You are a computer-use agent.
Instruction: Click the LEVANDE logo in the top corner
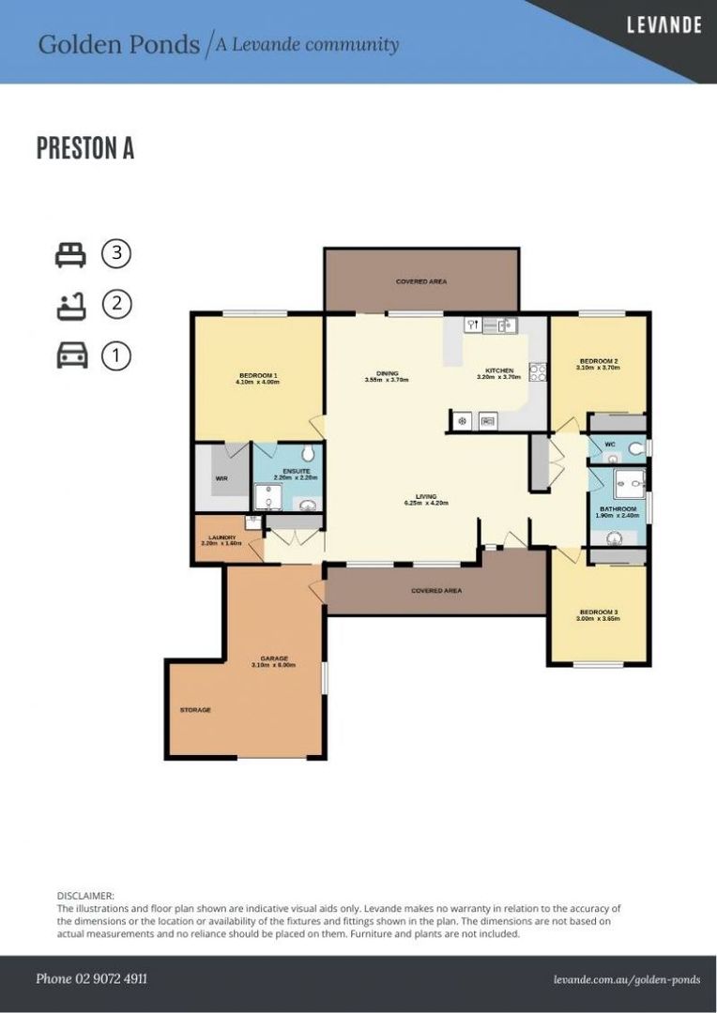pos(664,25)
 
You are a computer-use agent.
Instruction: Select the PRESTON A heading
pos(84,148)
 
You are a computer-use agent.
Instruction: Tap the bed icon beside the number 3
pos(70,253)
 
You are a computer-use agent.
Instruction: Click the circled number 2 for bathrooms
pos(116,304)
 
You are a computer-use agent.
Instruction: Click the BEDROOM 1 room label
pos(257,376)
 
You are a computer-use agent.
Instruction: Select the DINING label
pos(386,373)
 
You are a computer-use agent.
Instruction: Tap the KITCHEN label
pos(497,370)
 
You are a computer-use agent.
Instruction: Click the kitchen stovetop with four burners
pos(538,372)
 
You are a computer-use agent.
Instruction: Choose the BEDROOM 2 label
pos(598,361)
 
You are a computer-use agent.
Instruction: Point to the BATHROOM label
pos(618,508)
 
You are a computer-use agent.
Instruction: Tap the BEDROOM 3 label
pos(598,612)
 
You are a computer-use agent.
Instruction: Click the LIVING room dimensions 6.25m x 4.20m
pos(426,503)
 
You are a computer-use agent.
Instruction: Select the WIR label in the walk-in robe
pos(221,478)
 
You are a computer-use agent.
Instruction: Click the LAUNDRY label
pos(221,537)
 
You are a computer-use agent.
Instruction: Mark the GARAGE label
pos(273,658)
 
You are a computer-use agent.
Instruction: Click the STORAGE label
pos(195,710)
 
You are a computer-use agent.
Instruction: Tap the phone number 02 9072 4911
pos(91,978)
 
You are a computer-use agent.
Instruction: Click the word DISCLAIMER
pos(85,896)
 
